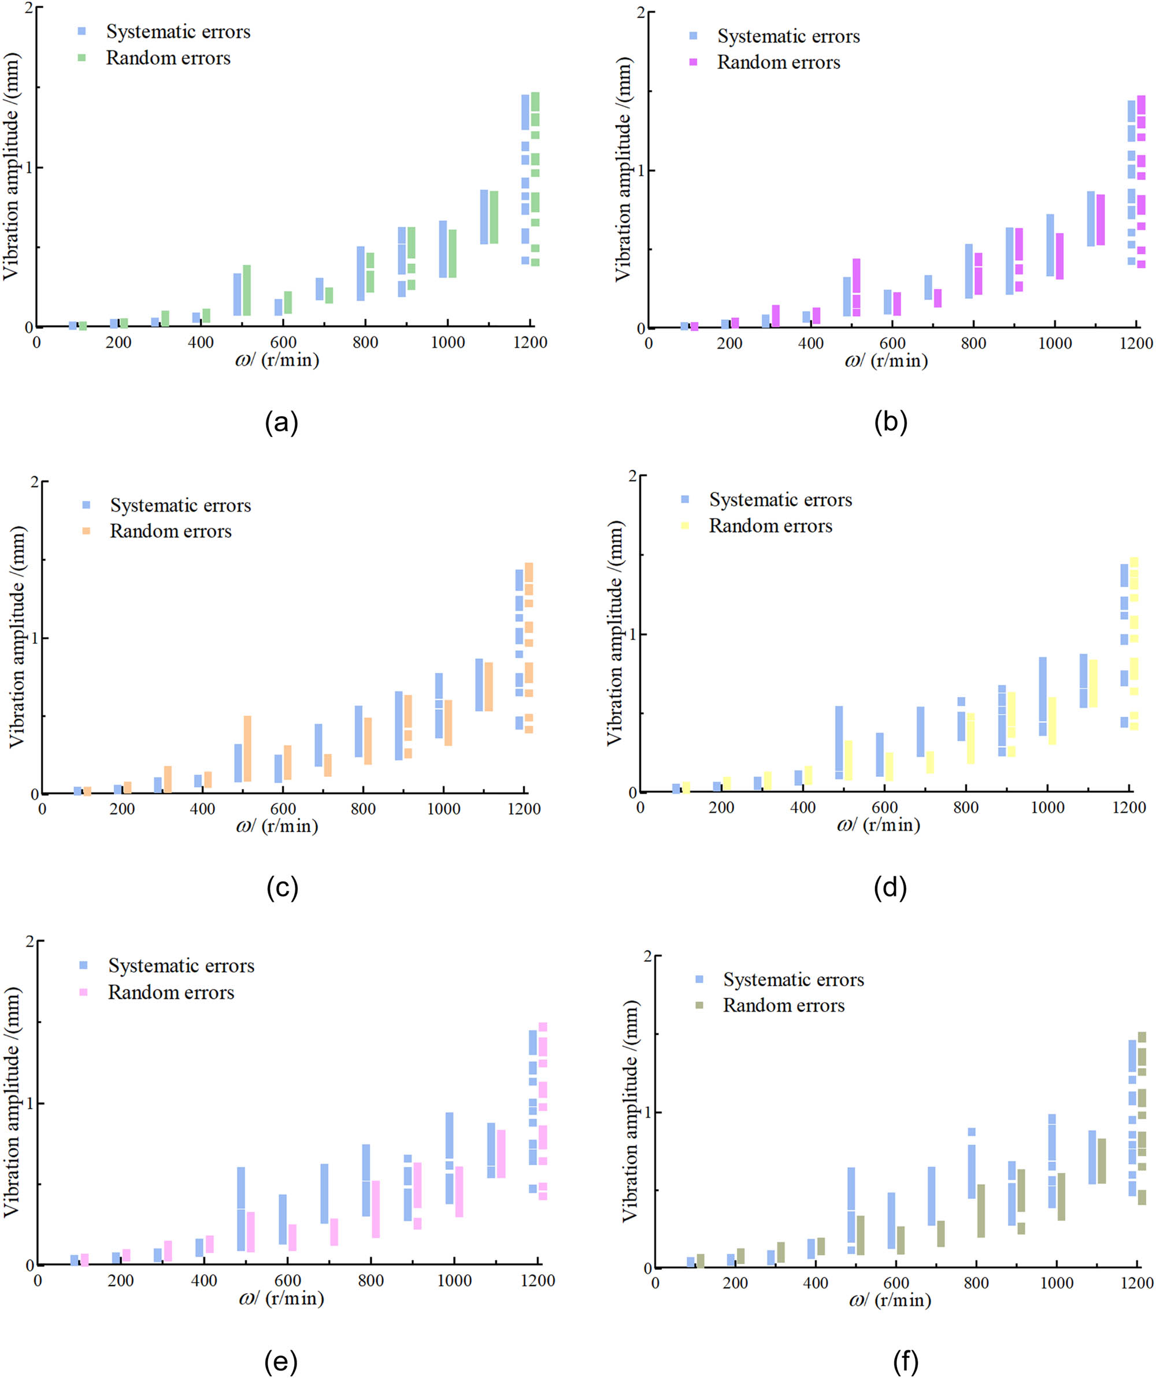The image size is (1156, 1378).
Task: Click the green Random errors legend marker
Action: (82, 58)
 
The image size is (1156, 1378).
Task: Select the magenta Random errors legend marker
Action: (694, 62)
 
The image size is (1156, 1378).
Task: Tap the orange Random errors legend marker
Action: (86, 531)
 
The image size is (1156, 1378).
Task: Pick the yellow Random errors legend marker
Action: (686, 525)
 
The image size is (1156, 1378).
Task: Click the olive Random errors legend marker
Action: (699, 1005)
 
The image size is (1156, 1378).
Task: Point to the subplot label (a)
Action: (281, 423)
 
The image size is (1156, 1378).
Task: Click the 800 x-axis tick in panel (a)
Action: (365, 343)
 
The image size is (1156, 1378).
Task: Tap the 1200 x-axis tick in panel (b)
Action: (1136, 343)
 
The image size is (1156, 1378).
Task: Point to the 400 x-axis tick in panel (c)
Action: (202, 809)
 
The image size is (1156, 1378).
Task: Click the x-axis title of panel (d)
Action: (878, 825)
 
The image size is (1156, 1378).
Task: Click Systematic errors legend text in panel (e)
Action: (181, 966)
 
